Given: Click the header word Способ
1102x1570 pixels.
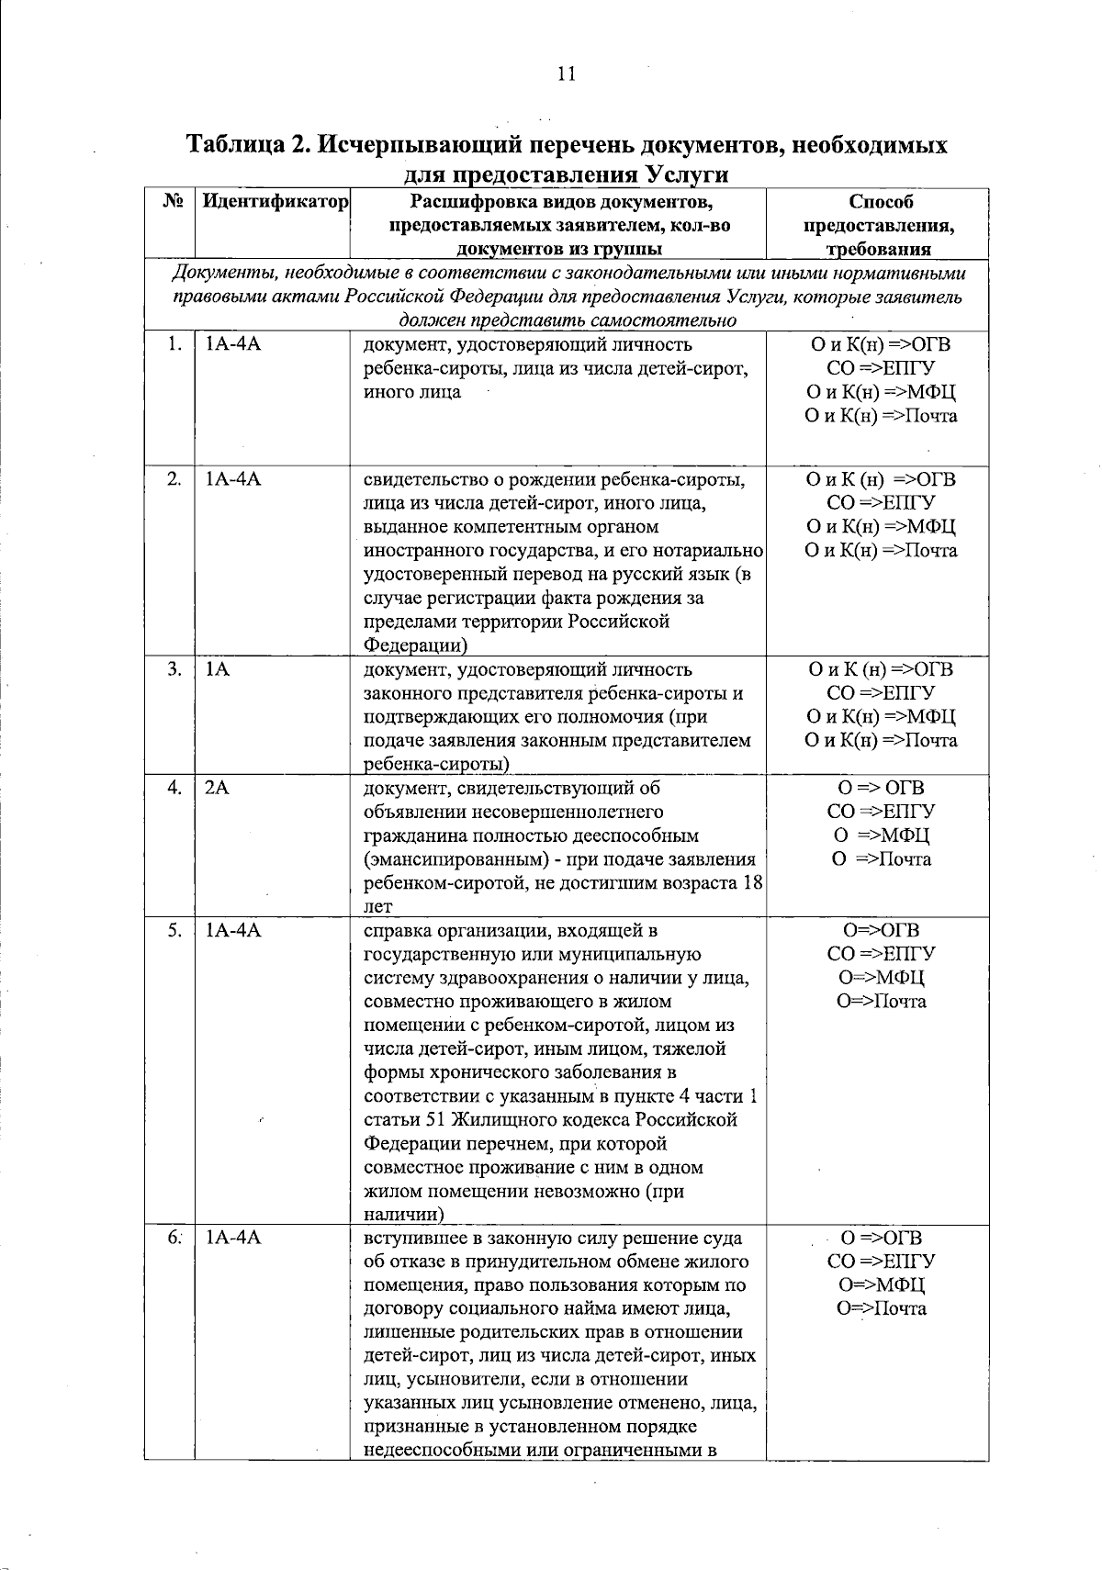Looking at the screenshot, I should tap(882, 201).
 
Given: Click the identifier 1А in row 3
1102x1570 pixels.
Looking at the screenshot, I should tap(217, 669).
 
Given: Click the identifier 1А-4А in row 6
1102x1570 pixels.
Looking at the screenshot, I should tap(233, 1238).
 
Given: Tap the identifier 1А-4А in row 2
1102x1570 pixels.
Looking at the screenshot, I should tap(233, 479).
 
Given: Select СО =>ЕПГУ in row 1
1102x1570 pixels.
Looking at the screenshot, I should tap(881, 369).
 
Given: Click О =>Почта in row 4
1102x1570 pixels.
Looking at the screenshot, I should tap(881, 859).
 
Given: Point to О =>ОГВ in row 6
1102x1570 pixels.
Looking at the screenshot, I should tap(881, 1238).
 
